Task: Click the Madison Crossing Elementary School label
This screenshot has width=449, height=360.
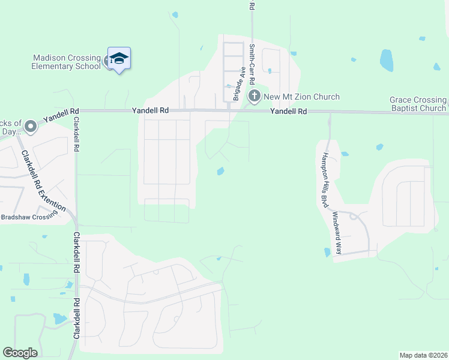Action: pos(67,62)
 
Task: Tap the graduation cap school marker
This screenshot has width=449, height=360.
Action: pos(119,58)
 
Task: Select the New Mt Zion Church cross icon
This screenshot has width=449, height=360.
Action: pos(255,95)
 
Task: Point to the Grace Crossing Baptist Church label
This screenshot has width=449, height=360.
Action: pos(418,104)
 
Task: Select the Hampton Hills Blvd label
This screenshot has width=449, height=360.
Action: pos(325,179)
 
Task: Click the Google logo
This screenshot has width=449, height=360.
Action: pos(20,353)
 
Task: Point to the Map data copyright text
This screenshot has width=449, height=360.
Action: pos(424,355)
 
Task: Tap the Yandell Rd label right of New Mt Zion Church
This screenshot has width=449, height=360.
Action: pos(288,112)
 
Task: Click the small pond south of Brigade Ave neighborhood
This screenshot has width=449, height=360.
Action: pos(220,172)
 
